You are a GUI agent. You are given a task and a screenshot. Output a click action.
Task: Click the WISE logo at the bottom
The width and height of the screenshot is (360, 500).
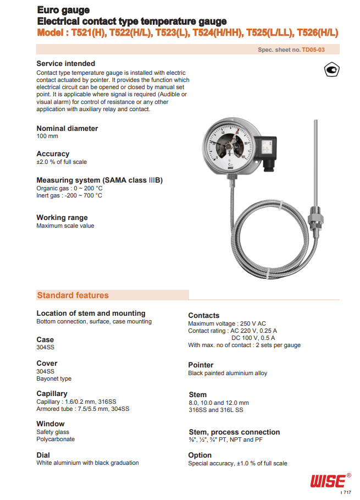point(328,481)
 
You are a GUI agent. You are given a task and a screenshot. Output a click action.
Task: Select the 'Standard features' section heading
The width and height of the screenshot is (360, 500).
point(73,295)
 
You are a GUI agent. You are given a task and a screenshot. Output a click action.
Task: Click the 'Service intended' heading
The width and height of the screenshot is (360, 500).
point(65,63)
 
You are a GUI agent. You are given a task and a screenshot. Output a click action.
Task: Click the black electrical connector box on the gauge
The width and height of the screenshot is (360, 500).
point(269,150)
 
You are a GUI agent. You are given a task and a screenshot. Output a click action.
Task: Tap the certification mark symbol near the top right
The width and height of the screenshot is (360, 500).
point(330,70)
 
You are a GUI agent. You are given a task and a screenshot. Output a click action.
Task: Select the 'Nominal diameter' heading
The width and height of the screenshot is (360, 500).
point(67,128)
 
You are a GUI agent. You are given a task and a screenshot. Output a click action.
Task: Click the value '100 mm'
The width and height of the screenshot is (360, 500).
point(47,136)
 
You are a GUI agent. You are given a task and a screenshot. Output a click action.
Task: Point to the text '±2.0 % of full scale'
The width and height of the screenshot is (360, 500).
point(62,162)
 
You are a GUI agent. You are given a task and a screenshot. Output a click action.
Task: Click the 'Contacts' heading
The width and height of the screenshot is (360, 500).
point(203,315)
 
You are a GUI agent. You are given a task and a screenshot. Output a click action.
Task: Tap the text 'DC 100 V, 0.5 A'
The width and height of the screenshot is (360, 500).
point(253,338)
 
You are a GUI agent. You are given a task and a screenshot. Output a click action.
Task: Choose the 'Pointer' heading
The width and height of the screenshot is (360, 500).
point(201,365)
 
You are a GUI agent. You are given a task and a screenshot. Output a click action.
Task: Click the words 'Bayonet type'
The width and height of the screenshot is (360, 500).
point(54,378)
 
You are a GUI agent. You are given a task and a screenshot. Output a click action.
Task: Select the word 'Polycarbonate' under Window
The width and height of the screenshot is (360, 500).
point(56,439)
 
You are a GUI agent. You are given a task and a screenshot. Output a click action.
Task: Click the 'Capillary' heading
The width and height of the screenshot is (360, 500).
point(52,393)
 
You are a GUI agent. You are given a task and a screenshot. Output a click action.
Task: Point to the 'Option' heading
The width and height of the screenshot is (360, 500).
point(200,455)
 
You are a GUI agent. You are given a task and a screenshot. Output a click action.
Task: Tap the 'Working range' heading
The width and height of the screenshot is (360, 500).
point(62,217)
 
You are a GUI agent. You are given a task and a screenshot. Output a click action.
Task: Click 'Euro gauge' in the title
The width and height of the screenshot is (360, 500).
point(63,10)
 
